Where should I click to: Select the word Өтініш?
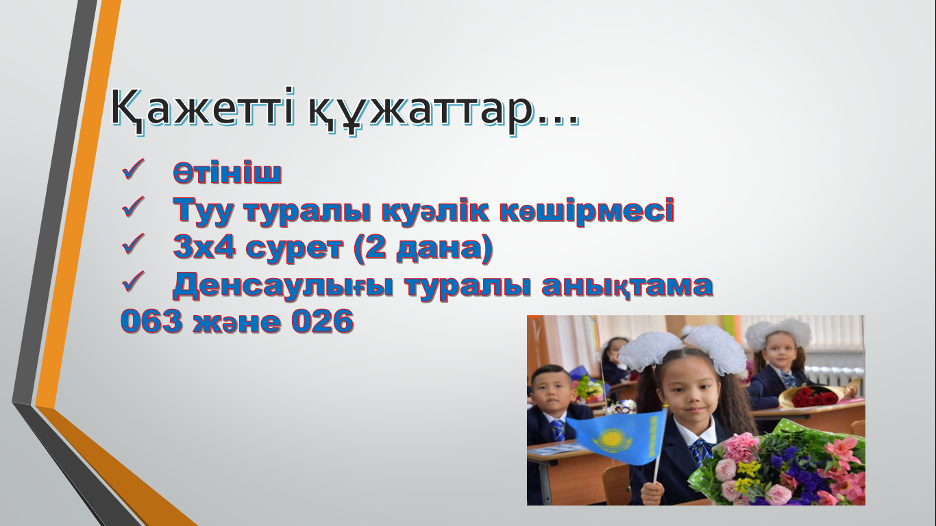tap(227, 173)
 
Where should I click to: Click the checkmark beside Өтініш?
tap(133, 170)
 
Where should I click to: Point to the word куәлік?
tap(436, 210)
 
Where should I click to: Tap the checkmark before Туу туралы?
tap(133, 207)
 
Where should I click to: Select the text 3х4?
tap(204, 247)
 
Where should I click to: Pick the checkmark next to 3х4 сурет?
tap(133, 244)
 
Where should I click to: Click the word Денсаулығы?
tap(284, 286)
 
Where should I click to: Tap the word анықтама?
tap(628, 286)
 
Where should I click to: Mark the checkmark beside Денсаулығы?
tap(133, 281)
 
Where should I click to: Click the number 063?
tap(152, 321)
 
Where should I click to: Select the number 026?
tap(323, 321)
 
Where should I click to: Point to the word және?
tap(237, 323)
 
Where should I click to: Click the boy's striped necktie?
tap(558, 430)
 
